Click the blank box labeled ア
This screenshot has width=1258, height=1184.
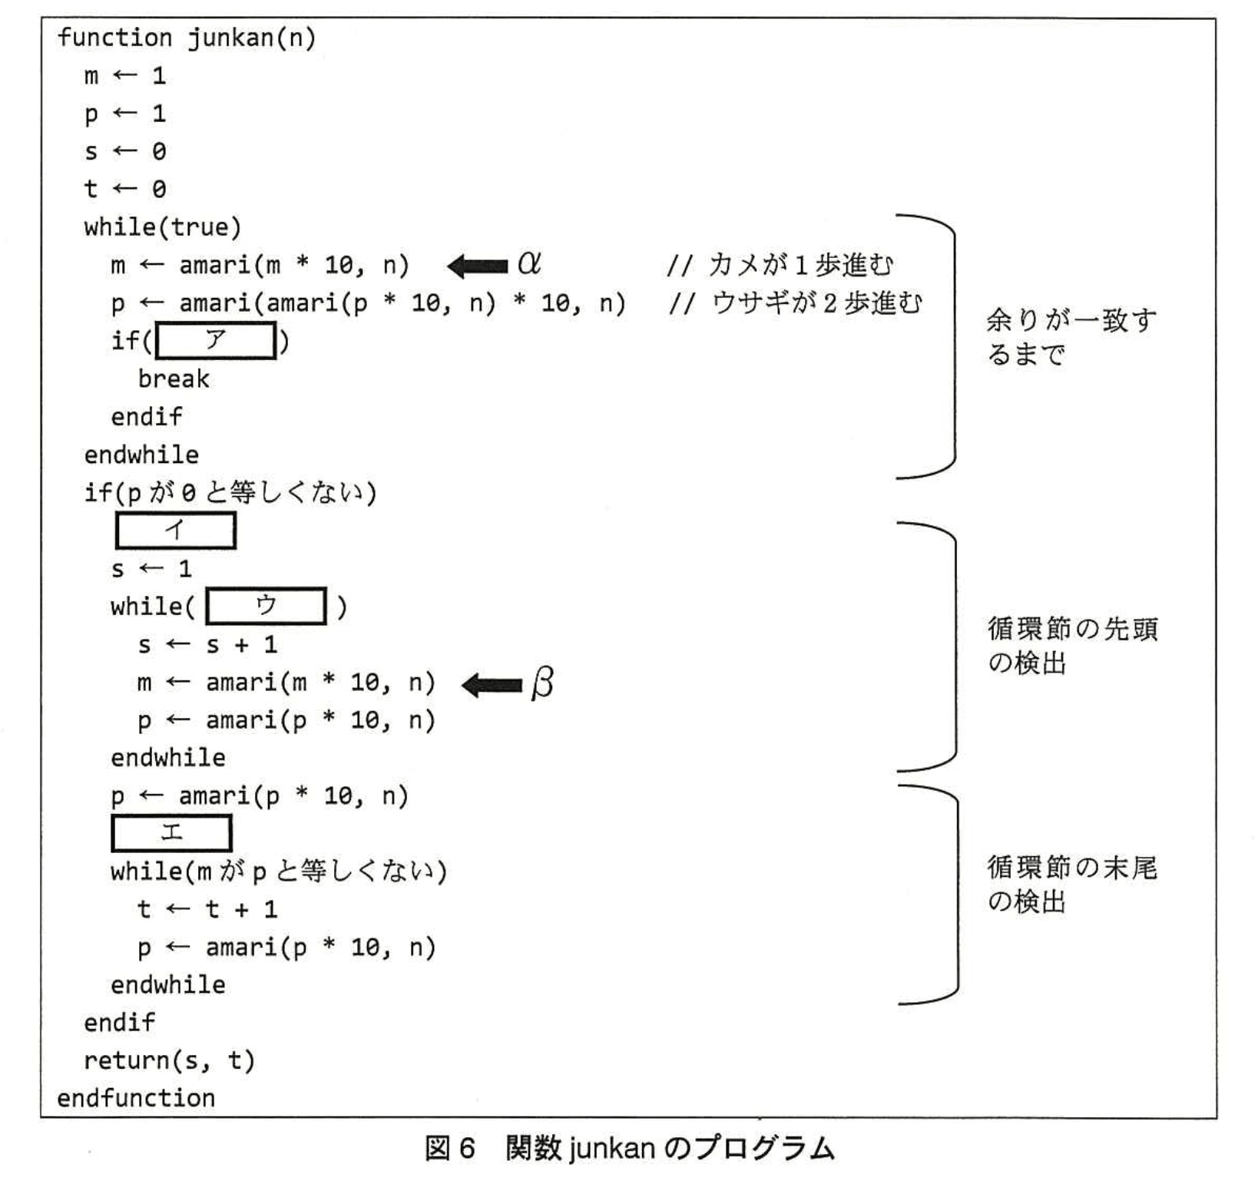click(215, 341)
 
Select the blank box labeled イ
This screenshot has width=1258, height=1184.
click(175, 531)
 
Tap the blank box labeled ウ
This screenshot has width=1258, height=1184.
click(266, 607)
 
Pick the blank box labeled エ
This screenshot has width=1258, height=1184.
click(170, 833)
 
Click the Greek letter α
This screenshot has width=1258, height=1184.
click(529, 264)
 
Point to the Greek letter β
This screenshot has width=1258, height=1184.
click(542, 683)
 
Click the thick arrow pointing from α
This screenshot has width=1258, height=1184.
click(478, 266)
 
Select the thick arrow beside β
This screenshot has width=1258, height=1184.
click(492, 685)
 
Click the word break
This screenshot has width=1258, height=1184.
click(174, 379)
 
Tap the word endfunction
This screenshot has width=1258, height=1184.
click(136, 1098)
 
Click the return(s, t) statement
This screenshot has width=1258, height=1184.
click(169, 1060)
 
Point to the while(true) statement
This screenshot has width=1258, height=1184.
click(163, 227)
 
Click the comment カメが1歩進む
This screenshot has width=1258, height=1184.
click(799, 265)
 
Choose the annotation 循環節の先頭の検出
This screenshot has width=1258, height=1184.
click(1072, 645)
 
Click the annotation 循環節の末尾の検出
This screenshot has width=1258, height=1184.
click(1072, 884)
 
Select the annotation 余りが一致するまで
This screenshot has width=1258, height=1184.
click(1071, 337)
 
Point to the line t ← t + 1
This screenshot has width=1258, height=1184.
click(207, 910)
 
